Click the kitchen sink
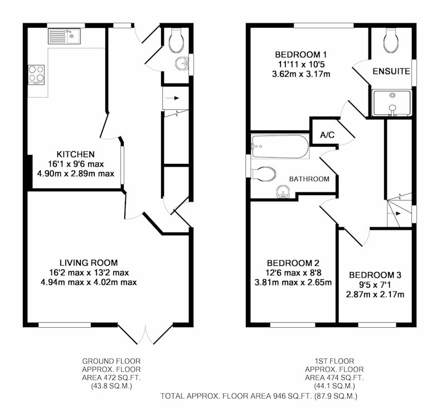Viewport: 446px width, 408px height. point(64,36)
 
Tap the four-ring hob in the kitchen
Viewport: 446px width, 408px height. point(36,75)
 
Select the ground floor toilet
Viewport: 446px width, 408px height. point(176,40)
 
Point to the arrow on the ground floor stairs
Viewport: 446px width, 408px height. point(172,98)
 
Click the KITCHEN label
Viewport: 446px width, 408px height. point(76,154)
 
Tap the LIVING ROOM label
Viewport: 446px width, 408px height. point(89,263)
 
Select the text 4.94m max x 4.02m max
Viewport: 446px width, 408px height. point(89,283)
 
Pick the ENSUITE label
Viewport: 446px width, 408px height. point(391,71)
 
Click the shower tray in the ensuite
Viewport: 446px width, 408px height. point(392,104)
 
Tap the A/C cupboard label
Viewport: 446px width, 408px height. point(327,135)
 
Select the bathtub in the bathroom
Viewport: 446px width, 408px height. point(280,147)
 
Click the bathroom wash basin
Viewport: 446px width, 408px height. point(283,192)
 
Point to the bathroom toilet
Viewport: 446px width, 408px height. point(263,173)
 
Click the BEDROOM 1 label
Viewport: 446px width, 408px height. point(301,54)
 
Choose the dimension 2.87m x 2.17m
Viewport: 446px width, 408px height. point(375,294)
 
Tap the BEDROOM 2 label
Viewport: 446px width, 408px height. point(293,263)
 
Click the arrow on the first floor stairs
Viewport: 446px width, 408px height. point(397,213)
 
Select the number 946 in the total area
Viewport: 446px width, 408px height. point(280,396)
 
